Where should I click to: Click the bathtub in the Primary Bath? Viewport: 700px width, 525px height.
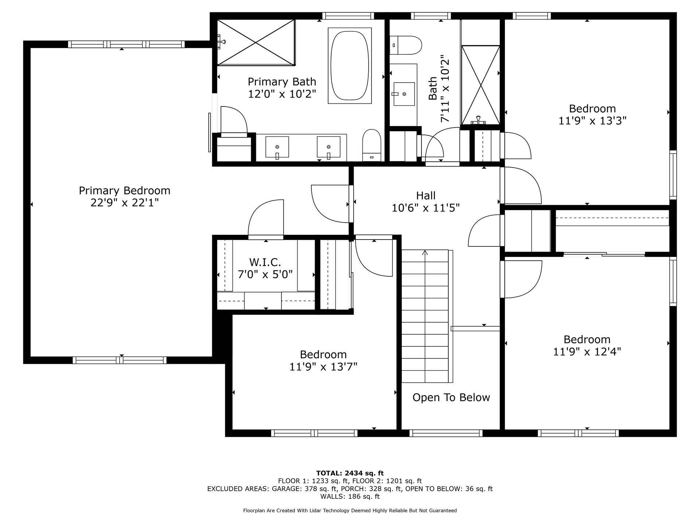tap(350, 66)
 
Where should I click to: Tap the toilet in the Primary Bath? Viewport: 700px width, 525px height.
tap(372, 145)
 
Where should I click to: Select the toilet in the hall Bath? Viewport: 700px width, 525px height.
tap(405, 45)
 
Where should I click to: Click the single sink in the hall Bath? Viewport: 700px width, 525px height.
tap(404, 94)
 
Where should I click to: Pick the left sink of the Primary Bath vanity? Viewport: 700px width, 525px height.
tap(277, 147)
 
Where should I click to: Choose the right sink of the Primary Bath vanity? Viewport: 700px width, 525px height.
tap(328, 147)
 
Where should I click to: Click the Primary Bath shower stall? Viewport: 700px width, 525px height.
tap(256, 43)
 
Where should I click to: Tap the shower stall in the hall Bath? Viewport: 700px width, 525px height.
tap(481, 85)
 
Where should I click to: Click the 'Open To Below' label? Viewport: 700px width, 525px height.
tap(451, 397)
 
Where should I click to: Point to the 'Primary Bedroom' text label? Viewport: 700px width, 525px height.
tap(125, 191)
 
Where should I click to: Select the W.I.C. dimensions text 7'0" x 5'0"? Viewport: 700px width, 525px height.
tap(265, 274)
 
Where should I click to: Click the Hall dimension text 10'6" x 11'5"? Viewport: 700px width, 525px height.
tap(426, 208)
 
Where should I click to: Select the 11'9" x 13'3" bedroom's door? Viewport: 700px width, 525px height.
tap(521, 185)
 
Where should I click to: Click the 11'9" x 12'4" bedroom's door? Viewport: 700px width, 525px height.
tap(521, 279)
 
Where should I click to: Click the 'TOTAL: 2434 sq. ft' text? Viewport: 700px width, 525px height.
tap(350, 473)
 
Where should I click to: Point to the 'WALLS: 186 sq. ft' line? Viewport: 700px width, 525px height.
tap(350, 497)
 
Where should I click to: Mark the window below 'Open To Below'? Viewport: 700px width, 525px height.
tap(446, 433)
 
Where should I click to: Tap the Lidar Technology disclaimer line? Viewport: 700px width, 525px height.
tap(350, 511)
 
